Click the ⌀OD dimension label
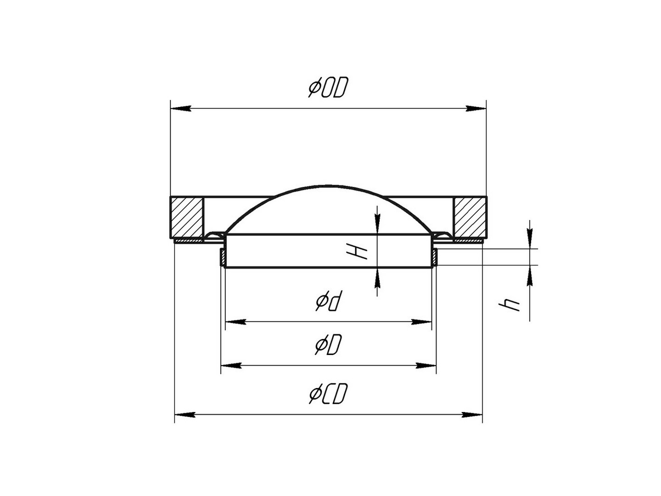click(328, 87)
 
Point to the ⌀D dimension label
click(328, 344)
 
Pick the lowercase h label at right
click(509, 305)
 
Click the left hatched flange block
click(187, 217)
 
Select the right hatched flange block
click(470, 217)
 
